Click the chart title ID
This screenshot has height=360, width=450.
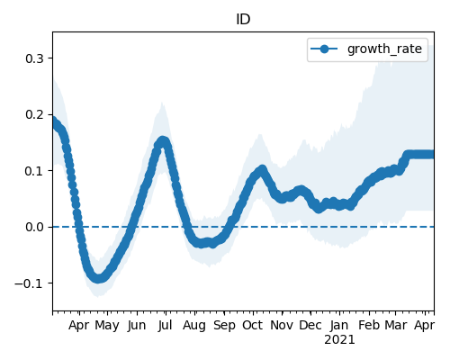[243, 20]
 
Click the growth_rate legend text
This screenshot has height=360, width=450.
[384, 49]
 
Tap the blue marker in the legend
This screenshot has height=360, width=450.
[324, 49]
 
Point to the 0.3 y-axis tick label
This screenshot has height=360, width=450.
[34, 58]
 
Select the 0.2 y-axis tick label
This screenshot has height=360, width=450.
[34, 114]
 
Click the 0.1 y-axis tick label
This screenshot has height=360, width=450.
[34, 171]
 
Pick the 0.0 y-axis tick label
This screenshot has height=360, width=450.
[34, 227]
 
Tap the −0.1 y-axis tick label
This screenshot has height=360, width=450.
[30, 283]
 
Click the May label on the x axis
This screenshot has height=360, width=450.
[107, 326]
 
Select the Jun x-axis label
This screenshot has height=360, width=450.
[137, 326]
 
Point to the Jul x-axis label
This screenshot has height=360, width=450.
[166, 325]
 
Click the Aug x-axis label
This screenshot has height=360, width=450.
[194, 326]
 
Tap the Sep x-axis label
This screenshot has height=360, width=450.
[224, 326]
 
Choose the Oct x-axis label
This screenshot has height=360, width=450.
[253, 325]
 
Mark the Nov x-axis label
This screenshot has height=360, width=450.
[282, 325]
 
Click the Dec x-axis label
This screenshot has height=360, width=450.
[310, 325]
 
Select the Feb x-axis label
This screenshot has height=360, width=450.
[369, 325]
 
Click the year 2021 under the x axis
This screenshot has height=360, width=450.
[339, 340]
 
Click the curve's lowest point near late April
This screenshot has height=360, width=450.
[98, 278]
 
